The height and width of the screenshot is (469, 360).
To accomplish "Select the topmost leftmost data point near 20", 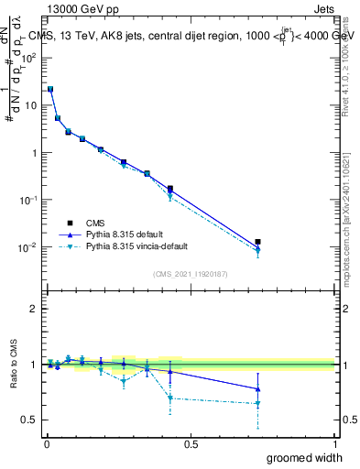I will (x=50, y=89).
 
